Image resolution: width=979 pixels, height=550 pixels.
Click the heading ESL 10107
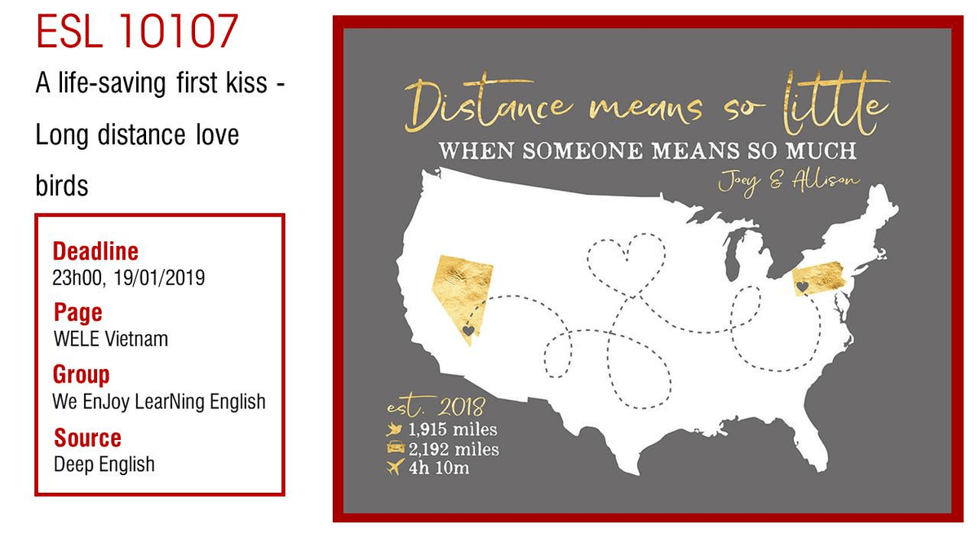coord(137,33)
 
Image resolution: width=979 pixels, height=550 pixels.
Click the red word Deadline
coord(95,251)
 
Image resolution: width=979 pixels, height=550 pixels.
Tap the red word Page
coord(78,313)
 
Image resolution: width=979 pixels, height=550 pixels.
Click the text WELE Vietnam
coord(110,339)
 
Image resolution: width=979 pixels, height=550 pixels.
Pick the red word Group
coord(82,375)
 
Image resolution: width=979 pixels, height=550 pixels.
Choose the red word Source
coord(87,438)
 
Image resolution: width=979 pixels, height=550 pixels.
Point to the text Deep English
coord(104,464)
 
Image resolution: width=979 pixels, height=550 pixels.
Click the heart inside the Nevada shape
coord(468,331)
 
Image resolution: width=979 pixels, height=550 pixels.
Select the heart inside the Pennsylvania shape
coord(803,287)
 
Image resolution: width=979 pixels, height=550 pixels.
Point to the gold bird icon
coord(396,429)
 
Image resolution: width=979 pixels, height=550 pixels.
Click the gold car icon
coord(396,448)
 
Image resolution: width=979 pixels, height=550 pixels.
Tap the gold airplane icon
coord(396,468)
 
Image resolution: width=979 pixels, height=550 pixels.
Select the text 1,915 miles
coord(453,429)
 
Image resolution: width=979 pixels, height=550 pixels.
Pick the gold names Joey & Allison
coord(788,179)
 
